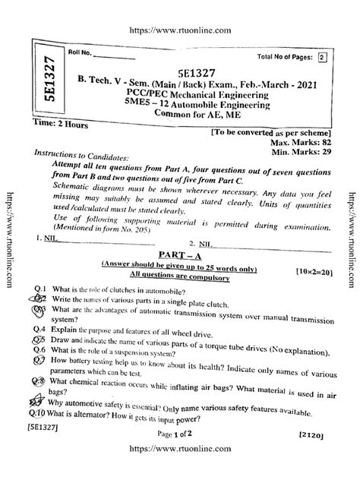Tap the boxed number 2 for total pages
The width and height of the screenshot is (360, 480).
click(321, 57)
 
